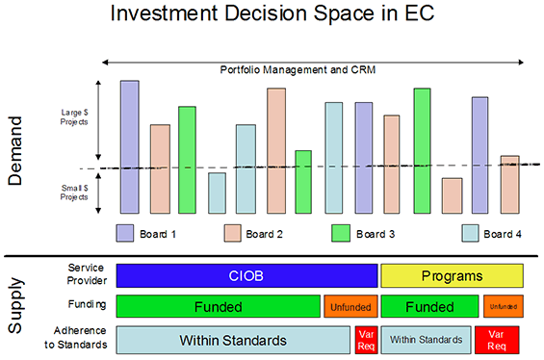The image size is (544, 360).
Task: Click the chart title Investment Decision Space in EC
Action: tap(272, 15)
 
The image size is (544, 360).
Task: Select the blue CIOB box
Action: tap(246, 276)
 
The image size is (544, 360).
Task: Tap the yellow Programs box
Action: tap(452, 276)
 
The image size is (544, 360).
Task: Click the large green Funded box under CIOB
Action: tap(218, 307)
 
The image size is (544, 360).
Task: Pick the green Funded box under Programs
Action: tap(428, 307)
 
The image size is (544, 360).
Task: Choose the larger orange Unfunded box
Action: tap(350, 307)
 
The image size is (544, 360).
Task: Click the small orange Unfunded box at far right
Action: tap(502, 307)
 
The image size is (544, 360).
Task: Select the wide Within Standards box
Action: tap(233, 340)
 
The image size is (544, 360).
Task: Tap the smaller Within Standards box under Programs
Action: tap(428, 340)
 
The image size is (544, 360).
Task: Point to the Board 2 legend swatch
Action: tap(232, 233)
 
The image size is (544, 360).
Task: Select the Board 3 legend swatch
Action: tap(341, 233)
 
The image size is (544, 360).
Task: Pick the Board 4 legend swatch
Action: tap(471, 233)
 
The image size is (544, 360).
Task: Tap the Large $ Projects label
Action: tap(73, 117)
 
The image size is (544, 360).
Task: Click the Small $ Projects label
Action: tap(73, 193)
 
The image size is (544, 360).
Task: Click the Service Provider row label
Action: tap(86, 275)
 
